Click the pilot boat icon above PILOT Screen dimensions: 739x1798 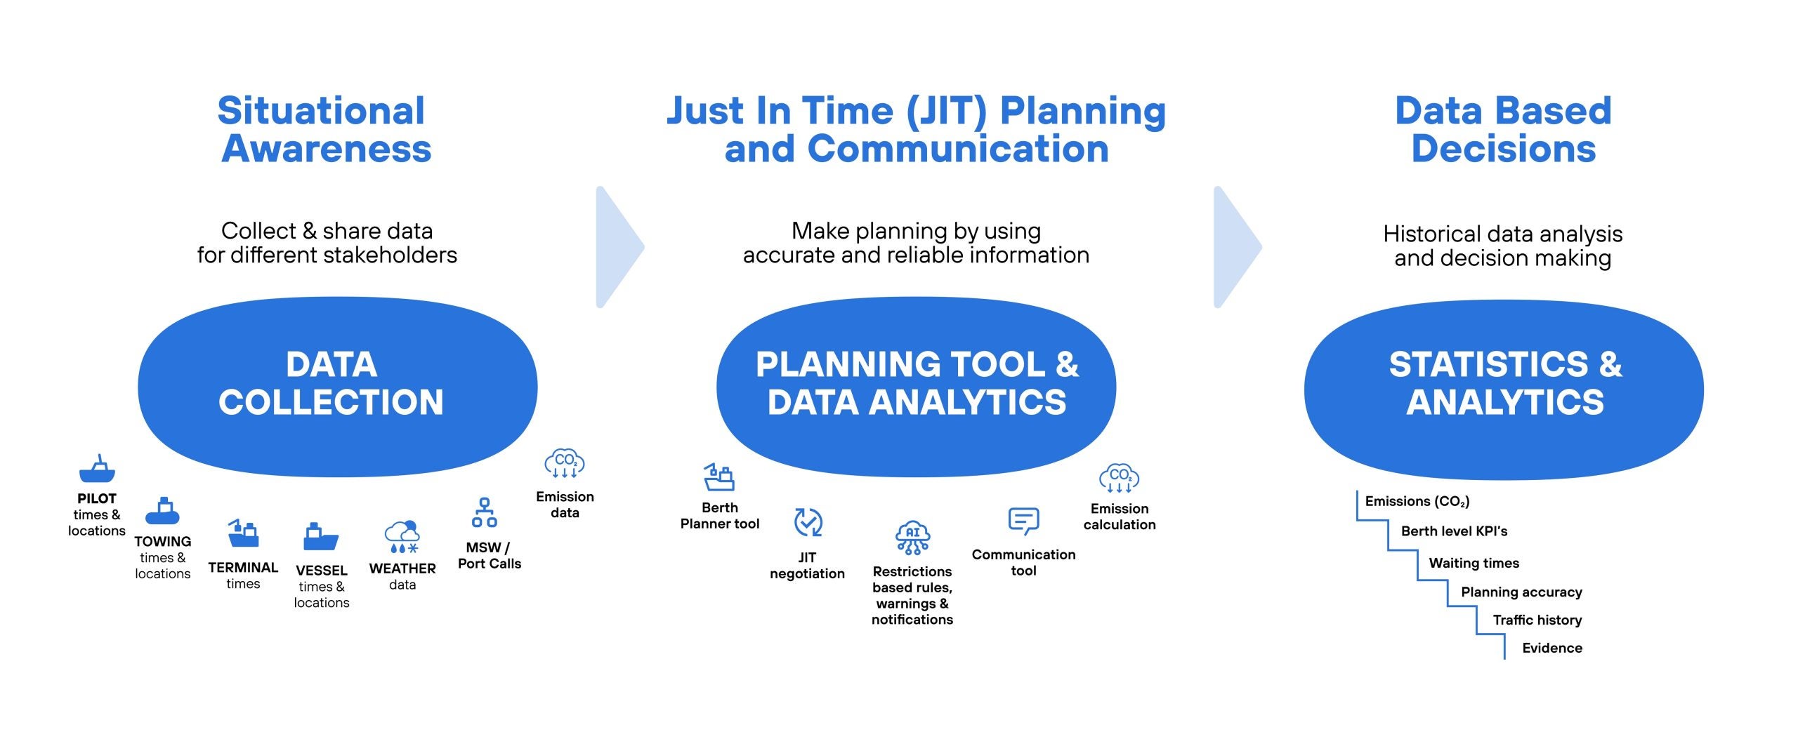(x=97, y=470)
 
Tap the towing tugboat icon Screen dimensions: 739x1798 (x=162, y=512)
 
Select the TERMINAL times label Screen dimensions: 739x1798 (x=243, y=575)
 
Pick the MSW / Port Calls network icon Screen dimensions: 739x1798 (x=485, y=513)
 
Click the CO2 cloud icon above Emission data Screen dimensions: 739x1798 (x=565, y=464)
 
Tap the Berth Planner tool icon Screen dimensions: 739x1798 (x=719, y=477)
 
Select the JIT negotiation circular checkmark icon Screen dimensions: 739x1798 (x=808, y=523)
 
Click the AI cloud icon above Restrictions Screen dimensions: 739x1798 (x=912, y=538)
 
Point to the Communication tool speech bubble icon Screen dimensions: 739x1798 (x=1023, y=521)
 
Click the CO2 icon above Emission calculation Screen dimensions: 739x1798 (x=1119, y=478)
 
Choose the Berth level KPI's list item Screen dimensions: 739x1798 (x=1454, y=531)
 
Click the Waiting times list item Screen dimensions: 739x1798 (x=1474, y=563)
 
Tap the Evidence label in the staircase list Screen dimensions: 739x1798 (x=1552, y=648)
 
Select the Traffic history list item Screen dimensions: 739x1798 (x=1537, y=620)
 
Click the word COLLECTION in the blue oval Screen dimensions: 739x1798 (x=331, y=402)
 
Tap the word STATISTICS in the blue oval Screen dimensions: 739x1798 (x=1488, y=364)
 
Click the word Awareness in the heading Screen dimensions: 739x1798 (x=327, y=149)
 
